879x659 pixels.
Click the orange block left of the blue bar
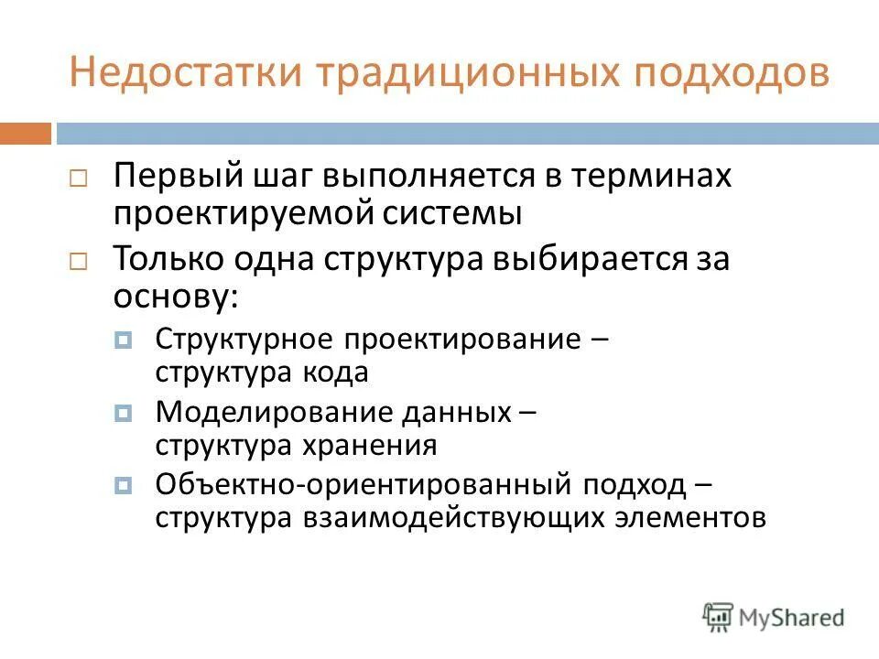(x=26, y=134)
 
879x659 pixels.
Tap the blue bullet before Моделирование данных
(x=125, y=414)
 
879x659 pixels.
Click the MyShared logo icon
(x=719, y=616)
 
